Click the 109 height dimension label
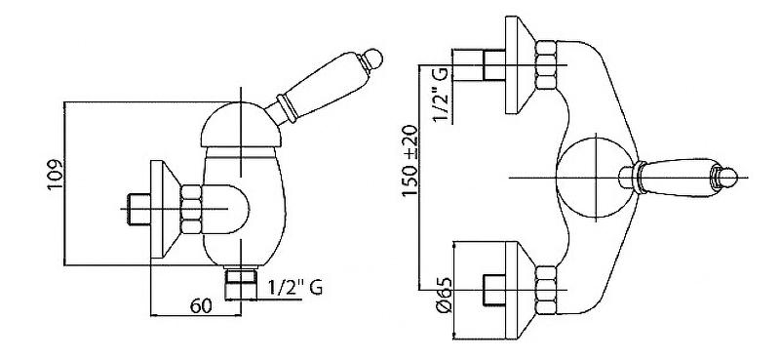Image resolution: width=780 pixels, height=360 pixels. [56, 174]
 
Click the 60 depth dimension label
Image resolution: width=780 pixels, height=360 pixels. [201, 306]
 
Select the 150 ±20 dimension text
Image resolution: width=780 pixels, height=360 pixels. [409, 161]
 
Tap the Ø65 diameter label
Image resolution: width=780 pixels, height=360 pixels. [444, 296]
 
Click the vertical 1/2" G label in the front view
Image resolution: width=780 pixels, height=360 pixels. [444, 95]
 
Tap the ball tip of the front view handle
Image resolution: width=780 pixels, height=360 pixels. [727, 178]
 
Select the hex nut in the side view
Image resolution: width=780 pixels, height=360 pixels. [191, 209]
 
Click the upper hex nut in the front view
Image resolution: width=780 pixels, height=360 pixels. [545, 65]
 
